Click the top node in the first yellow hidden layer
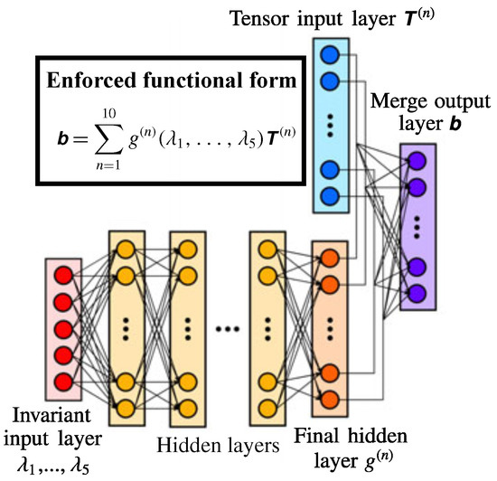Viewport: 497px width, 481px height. click(126, 249)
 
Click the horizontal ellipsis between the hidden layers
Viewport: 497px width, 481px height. click(227, 327)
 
